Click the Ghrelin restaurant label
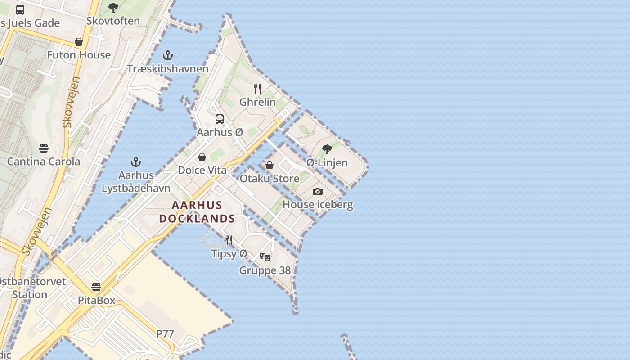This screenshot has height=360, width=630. [x=257, y=102]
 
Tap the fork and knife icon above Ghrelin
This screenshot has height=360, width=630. [x=257, y=88]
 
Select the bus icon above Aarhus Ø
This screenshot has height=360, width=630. [x=220, y=119]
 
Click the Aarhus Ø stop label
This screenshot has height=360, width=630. [x=220, y=133]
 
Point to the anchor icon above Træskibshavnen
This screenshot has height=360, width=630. [x=167, y=55]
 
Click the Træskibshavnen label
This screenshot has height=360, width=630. [x=167, y=69]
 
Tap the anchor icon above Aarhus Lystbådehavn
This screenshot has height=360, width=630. [x=135, y=162]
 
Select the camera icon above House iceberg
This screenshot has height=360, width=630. [x=318, y=191]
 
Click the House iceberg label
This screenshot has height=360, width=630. [x=318, y=205]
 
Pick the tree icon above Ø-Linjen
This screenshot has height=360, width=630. [x=327, y=149]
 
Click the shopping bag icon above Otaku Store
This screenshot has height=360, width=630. [x=270, y=165]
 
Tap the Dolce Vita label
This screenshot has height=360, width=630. [x=202, y=171]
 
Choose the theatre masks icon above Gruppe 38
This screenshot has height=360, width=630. [x=265, y=257]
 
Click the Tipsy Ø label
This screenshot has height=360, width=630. [x=229, y=254]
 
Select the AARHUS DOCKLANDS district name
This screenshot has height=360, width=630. [x=197, y=212]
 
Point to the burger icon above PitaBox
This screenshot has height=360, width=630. [x=96, y=287]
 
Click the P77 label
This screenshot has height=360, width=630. [x=165, y=334]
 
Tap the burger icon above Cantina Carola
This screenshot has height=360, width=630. [x=44, y=148]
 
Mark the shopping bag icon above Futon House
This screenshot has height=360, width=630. [x=79, y=42]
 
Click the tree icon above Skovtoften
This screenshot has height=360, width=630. [x=113, y=7]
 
